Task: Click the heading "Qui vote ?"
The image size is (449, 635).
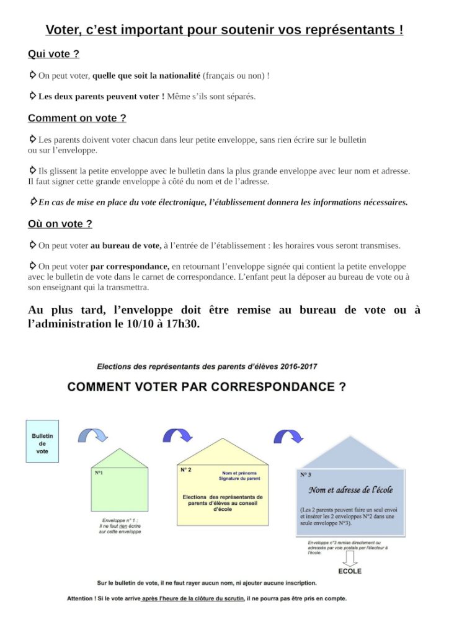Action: pos(53,54)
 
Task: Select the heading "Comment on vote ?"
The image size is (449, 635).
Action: pos(77,118)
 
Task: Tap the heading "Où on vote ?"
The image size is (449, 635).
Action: pos(60,224)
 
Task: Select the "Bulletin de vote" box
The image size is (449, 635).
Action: pos(42,441)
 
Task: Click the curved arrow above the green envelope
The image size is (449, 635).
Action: pos(93,434)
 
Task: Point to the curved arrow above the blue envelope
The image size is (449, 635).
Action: pos(288,435)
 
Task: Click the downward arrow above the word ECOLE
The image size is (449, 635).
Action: pos(350,559)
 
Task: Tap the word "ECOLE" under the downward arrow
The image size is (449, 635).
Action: pos(350,571)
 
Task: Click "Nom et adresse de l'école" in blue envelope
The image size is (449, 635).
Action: pos(350,490)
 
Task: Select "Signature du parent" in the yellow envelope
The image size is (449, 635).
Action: pos(240,479)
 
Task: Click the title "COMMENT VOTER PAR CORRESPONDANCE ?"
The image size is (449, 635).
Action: pos(207,387)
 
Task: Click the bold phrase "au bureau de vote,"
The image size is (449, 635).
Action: pos(126,246)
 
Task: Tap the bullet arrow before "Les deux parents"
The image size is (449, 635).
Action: pos(33,96)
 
